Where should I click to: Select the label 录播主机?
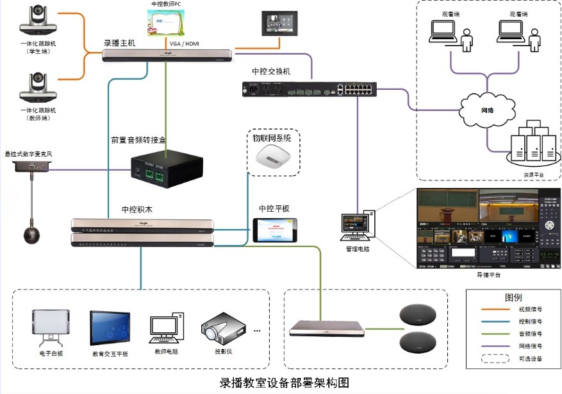coord(120,43)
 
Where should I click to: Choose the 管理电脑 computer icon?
coord(358,225)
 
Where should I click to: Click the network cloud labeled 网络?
coord(488,110)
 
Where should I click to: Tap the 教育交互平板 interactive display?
coord(110,329)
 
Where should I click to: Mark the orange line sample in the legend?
coord(499,313)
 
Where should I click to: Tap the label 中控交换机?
coord(271,71)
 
